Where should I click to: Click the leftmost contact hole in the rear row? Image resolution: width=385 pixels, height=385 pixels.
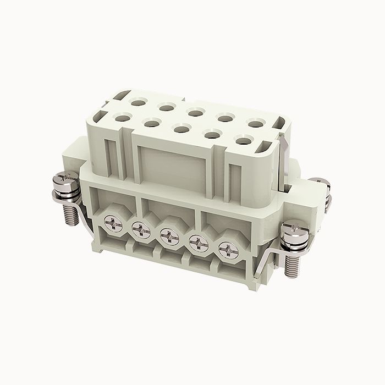click(x=135, y=101)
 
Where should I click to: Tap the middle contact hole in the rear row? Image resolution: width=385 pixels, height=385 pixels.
click(x=194, y=113)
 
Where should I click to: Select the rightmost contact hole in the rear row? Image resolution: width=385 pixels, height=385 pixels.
click(x=253, y=123)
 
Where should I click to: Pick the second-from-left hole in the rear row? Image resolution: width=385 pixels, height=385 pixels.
click(x=164, y=107)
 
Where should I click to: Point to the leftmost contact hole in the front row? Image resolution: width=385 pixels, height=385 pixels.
click(x=122, y=117)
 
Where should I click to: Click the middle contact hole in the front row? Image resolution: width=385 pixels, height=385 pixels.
click(x=179, y=129)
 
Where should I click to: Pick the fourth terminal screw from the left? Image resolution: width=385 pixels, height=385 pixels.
click(x=197, y=243)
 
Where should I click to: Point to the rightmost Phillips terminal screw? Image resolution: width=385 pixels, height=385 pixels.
click(x=227, y=250)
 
